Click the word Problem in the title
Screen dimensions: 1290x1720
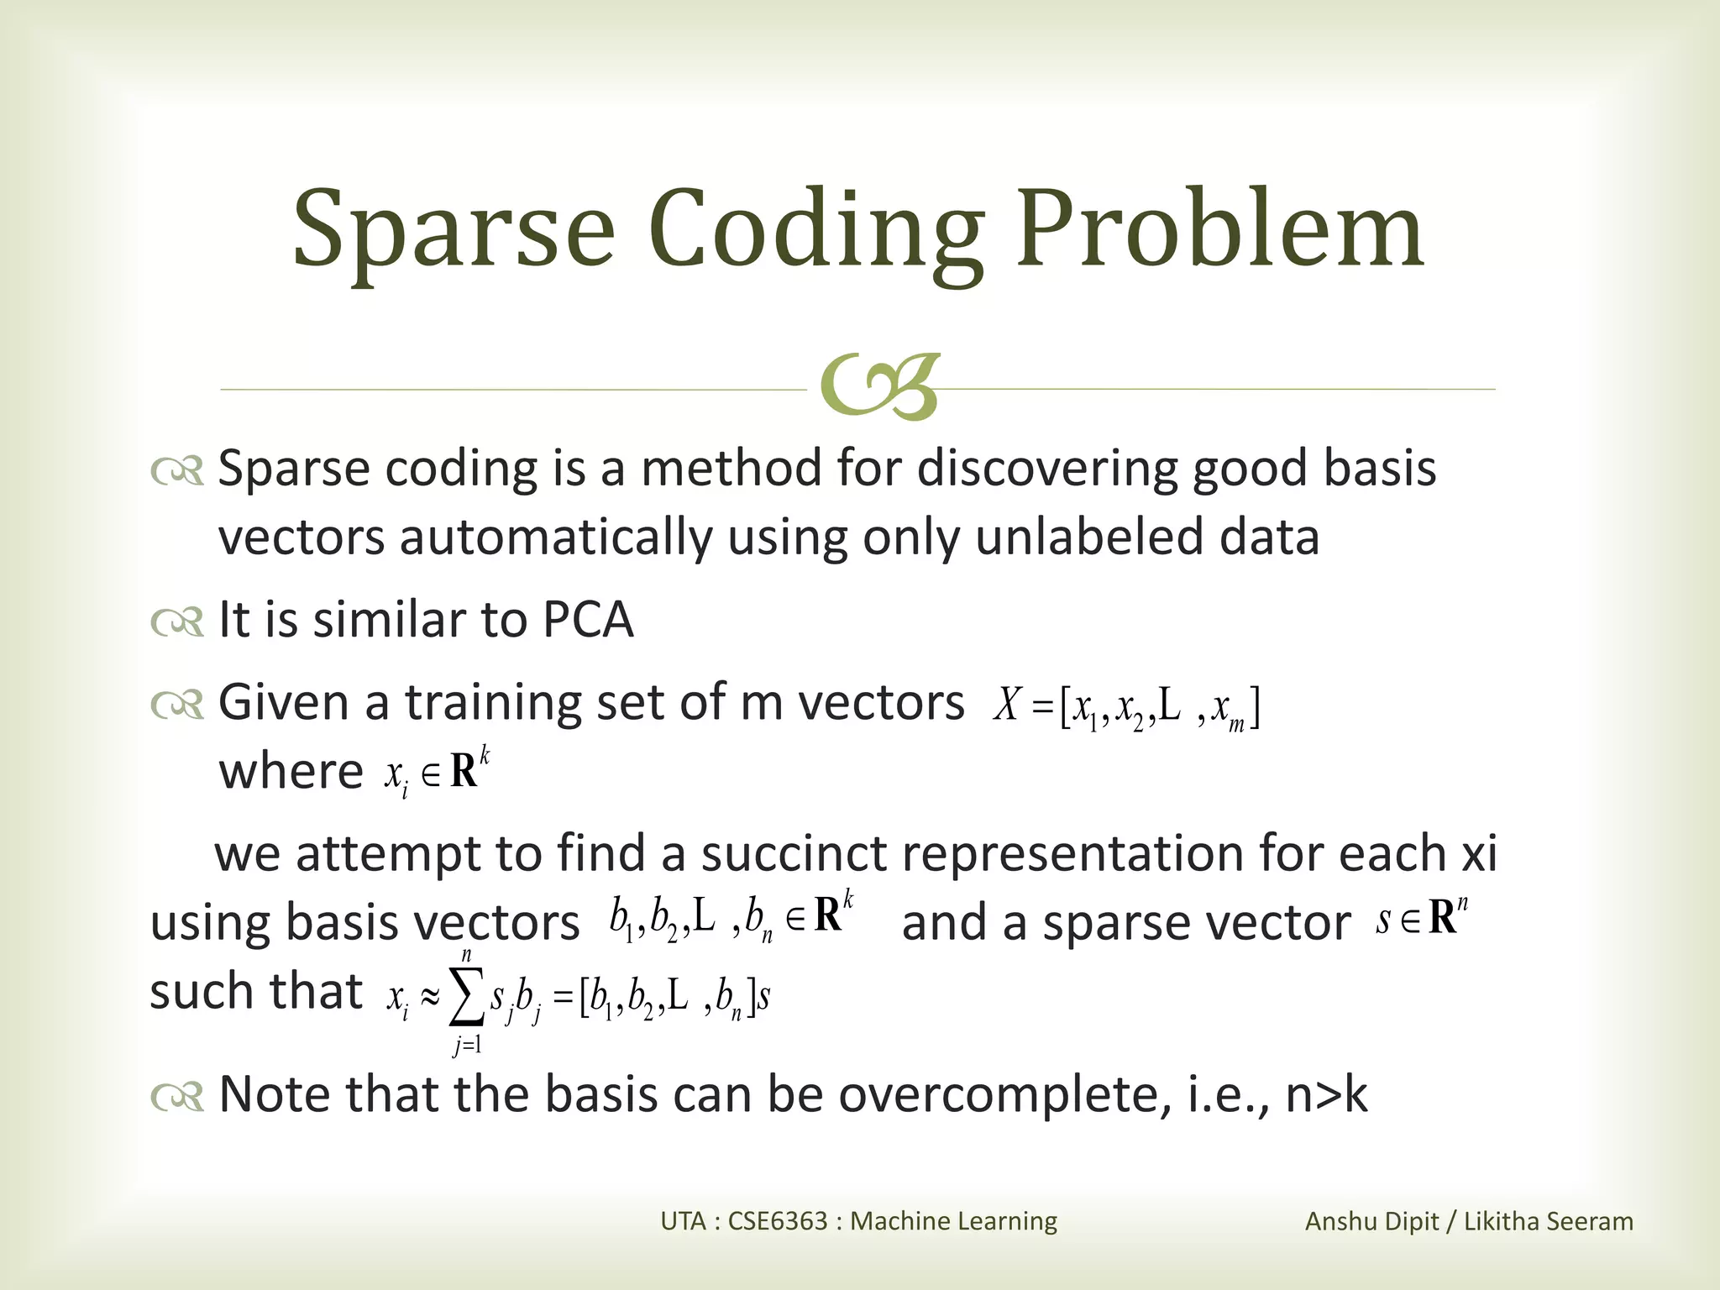click(x=1219, y=228)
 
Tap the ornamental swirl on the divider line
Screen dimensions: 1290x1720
click(x=878, y=388)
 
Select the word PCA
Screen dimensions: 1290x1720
click(x=588, y=620)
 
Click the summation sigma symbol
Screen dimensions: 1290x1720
click(x=467, y=997)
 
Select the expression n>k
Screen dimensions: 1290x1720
click(x=1326, y=1094)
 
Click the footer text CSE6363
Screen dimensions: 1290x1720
click(x=778, y=1220)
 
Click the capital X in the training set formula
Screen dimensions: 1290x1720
click(x=1006, y=705)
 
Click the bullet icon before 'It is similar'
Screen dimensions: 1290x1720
click(x=177, y=622)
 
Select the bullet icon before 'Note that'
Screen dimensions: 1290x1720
click(x=177, y=1096)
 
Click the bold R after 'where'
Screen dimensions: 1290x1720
click(x=464, y=772)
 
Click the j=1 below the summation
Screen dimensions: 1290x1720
click(x=467, y=1046)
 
